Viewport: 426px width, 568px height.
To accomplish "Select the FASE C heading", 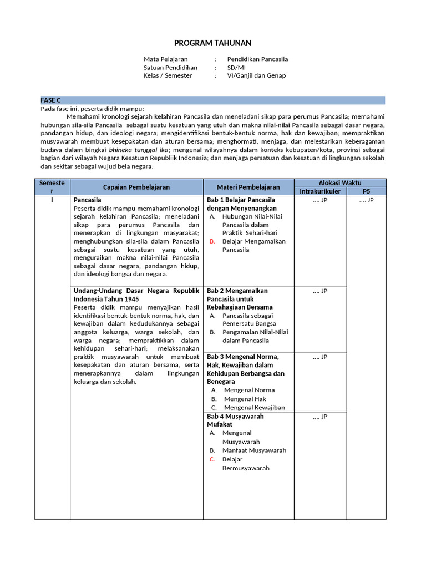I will (x=50, y=100).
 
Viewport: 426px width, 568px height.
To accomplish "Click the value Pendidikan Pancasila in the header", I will (x=257, y=59).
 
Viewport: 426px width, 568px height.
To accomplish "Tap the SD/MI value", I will (x=236, y=67).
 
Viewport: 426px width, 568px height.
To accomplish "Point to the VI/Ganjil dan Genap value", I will (x=256, y=75).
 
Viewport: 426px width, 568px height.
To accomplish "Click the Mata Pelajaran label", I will (x=165, y=59).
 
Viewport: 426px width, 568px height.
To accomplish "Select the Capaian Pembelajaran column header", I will (x=136, y=187).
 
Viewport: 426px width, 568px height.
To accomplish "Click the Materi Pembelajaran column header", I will (x=248, y=187).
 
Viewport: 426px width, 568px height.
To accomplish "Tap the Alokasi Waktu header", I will (x=339, y=182).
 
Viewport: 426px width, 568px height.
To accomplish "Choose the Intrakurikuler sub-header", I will (x=319, y=191).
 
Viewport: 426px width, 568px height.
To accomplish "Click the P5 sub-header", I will (x=366, y=191).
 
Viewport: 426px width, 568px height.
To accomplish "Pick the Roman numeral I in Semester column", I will (x=52, y=200).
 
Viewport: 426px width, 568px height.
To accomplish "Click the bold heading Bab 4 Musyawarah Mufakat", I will (x=235, y=420).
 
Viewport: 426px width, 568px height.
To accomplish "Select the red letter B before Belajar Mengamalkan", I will (x=212, y=241).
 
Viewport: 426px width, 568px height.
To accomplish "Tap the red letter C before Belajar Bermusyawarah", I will (x=212, y=459).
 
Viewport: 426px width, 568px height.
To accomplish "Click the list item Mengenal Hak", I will (x=245, y=399).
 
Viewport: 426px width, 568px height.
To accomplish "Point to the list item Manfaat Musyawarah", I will (x=254, y=450).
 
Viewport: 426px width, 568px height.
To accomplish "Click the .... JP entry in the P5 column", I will (x=366, y=200).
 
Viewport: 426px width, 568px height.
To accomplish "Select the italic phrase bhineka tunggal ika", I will (x=139, y=150).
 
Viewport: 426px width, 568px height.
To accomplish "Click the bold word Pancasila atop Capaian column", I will (x=88, y=200).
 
